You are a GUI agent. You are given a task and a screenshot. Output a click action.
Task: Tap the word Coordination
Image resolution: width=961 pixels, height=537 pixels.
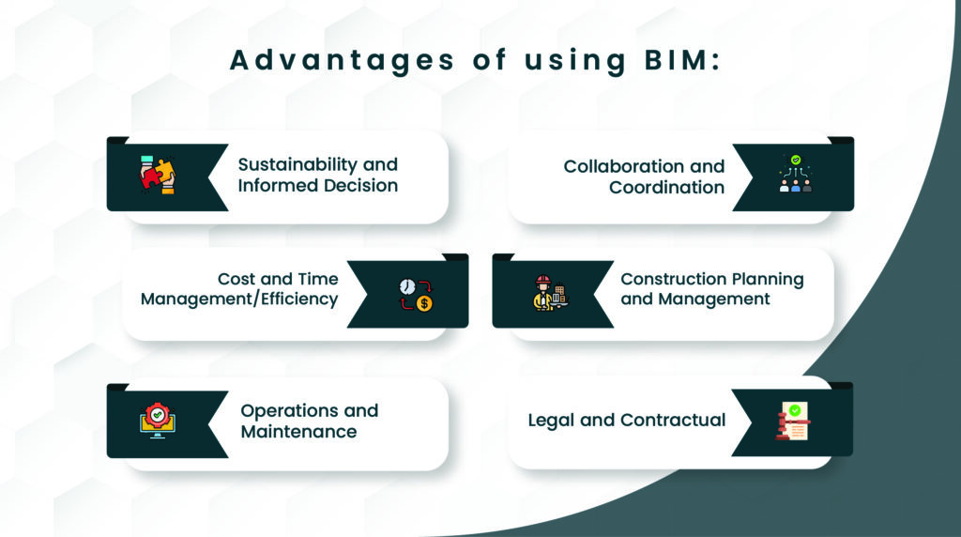tap(666, 187)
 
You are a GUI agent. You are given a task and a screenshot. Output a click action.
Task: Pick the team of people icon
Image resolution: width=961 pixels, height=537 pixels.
tap(796, 175)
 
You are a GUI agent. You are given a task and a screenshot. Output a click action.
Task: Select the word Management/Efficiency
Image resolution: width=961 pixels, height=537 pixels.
tap(239, 299)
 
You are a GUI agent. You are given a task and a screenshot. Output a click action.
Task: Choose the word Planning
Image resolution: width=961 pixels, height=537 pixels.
tap(768, 279)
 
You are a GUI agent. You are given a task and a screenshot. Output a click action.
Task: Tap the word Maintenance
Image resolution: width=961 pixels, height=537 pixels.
tap(298, 432)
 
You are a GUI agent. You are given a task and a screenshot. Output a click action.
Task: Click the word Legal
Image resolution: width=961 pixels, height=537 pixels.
tap(551, 420)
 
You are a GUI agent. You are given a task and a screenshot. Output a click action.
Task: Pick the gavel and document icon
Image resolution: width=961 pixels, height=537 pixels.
tap(792, 422)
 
